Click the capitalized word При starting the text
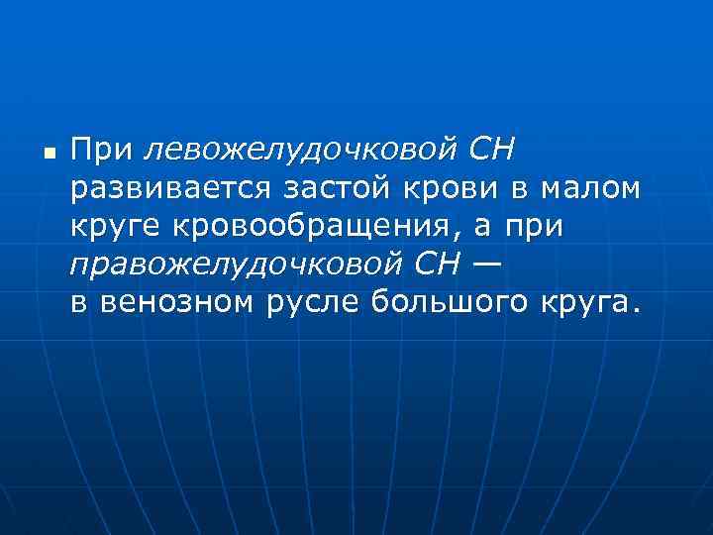[103, 151]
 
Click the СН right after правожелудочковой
[436, 265]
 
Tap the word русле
[309, 302]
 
